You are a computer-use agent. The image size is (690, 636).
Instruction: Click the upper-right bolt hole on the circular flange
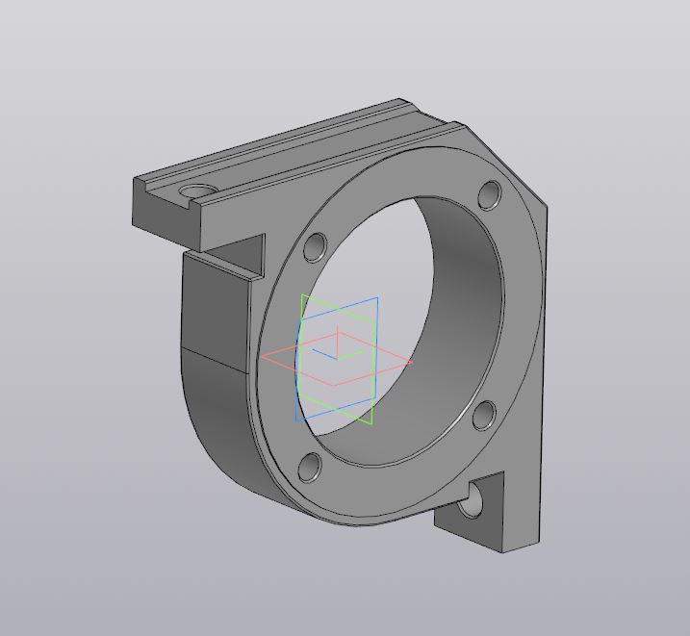tap(490, 195)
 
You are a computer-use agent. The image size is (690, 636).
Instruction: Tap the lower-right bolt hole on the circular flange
tap(484, 415)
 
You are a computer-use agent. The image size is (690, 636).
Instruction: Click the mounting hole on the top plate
tap(196, 191)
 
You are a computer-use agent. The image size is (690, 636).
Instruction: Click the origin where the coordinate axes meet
tap(337, 358)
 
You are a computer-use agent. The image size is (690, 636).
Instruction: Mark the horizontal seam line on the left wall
tap(217, 358)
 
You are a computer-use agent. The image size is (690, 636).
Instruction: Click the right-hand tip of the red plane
tap(413, 362)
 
